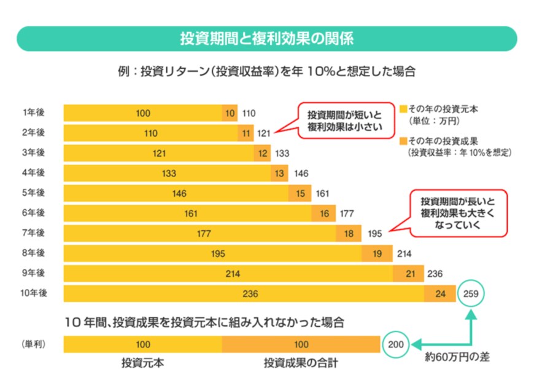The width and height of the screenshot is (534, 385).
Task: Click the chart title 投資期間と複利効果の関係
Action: tap(266, 38)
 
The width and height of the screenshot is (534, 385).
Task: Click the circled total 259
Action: tap(471, 294)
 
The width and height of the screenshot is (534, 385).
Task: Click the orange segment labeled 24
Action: tap(440, 294)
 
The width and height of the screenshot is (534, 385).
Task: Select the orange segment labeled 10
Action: tap(230, 113)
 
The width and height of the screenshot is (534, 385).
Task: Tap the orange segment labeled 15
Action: tap(300, 194)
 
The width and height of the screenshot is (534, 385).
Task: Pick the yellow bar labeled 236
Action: tap(244, 294)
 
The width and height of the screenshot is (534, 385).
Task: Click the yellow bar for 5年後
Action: tap(176, 194)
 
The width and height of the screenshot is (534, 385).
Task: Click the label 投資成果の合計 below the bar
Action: tap(301, 363)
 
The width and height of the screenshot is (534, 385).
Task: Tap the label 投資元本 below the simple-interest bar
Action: tap(142, 363)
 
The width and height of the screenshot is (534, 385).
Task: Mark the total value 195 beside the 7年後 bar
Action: tap(375, 234)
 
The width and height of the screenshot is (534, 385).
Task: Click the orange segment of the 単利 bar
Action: tap(301, 344)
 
